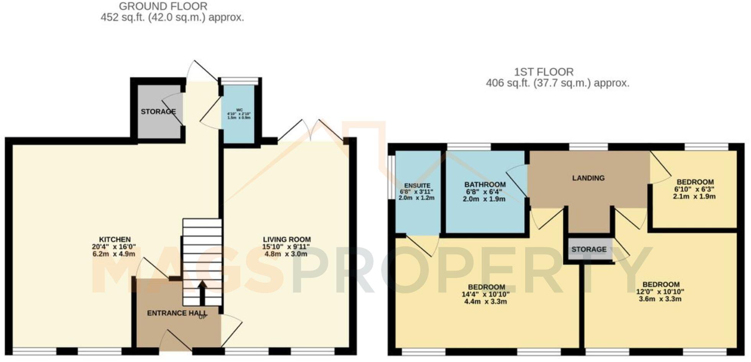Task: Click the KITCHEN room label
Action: pyautogui.click(x=115, y=239)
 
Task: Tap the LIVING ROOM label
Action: pyautogui.click(x=286, y=239)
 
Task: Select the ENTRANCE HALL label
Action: pyautogui.click(x=177, y=313)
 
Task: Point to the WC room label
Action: pyautogui.click(x=239, y=110)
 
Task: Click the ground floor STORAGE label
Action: pyautogui.click(x=158, y=112)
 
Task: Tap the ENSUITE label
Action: pyautogui.click(x=417, y=186)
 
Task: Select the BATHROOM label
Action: pyautogui.click(x=485, y=184)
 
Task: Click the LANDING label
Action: pyautogui.click(x=588, y=178)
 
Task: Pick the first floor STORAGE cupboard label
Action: pyautogui.click(x=589, y=249)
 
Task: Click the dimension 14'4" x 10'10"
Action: pyautogui.click(x=486, y=295)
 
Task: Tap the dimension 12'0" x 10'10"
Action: pyautogui.click(x=660, y=291)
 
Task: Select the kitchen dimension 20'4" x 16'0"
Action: pyautogui.click(x=114, y=247)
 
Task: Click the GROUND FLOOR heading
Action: pyautogui.click(x=163, y=7)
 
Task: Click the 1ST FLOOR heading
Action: pyautogui.click(x=544, y=72)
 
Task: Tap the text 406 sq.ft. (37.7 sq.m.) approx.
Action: pyautogui.click(x=557, y=83)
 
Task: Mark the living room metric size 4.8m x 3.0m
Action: pyautogui.click(x=286, y=254)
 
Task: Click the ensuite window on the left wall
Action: pyautogui.click(x=391, y=177)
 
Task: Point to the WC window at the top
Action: pyautogui.click(x=240, y=81)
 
